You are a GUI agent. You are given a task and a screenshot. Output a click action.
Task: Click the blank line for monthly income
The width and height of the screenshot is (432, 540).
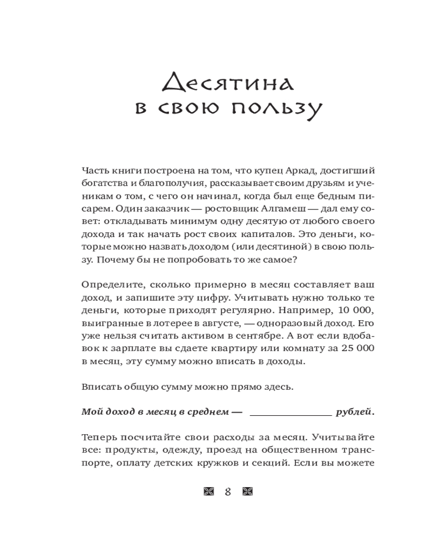pos(291,413)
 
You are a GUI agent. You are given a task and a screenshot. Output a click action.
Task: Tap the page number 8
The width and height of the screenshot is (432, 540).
pos(228,491)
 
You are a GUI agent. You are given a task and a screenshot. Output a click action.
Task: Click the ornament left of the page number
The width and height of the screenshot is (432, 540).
pos(209,491)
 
